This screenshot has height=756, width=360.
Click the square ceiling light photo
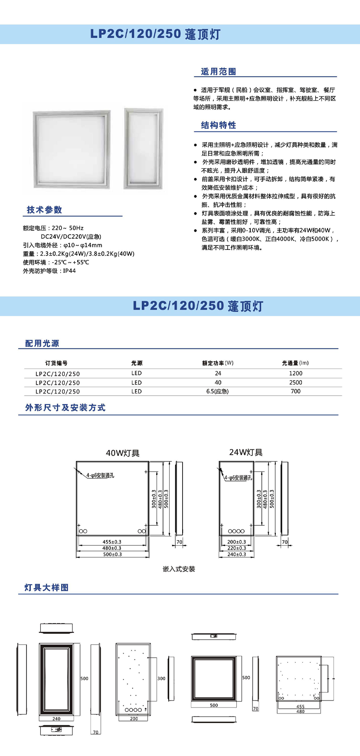coord(71,148)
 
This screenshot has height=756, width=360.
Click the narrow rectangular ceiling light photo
coord(144,148)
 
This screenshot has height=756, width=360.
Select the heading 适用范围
coord(219,72)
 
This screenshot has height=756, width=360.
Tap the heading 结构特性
coord(219,125)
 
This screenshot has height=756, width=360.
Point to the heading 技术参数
coord(45,210)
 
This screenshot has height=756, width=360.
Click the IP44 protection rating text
coord(69,271)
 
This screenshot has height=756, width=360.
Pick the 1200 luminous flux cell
coord(295,373)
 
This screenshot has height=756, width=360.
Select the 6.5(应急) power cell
coord(218,391)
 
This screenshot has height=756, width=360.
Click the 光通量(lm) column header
coord(295,363)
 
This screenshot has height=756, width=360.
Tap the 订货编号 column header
coord(56,363)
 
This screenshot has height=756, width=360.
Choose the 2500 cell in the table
coord(295,383)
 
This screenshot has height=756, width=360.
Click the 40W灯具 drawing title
coord(123,453)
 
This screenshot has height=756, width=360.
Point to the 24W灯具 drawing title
coord(246,452)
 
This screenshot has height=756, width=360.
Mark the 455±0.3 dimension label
coord(112,542)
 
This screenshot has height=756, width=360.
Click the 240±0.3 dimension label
coord(237,554)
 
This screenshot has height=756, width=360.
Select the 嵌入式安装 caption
coord(179,569)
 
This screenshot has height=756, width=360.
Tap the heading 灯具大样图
coord(46,588)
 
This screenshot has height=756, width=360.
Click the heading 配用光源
coord(42,344)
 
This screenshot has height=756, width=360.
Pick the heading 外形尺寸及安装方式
coord(65,408)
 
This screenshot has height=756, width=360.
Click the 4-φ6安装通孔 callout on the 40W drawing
coord(100,475)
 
